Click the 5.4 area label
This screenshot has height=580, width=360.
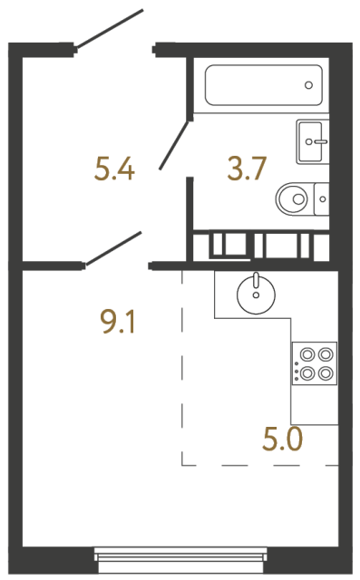tap(114, 168)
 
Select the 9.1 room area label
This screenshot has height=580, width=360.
tap(117, 320)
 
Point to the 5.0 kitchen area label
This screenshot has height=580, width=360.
tap(283, 440)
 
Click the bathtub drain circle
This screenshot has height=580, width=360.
tap(309, 86)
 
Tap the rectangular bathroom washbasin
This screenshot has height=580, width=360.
tap(315, 141)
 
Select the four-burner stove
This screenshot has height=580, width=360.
tap(314, 362)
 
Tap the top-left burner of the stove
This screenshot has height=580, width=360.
tap(307, 354)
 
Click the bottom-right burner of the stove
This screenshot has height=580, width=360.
tap(325, 372)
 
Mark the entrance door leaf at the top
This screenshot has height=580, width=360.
tap(111, 29)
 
